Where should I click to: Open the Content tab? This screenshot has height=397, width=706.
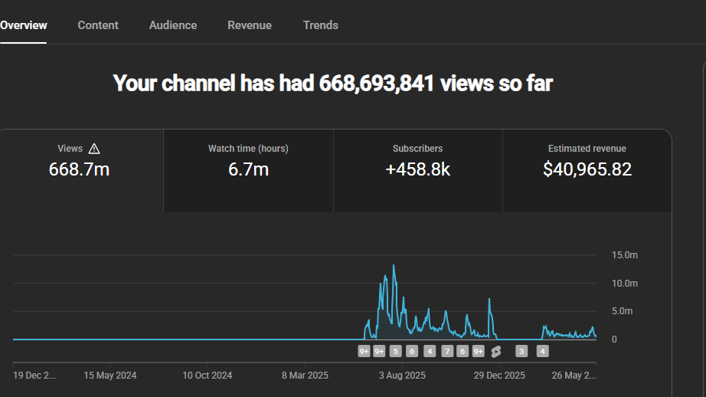pyautogui.click(x=98, y=25)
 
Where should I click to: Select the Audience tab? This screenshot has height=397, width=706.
pyautogui.click(x=173, y=25)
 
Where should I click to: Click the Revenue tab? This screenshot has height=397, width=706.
pyautogui.click(x=250, y=25)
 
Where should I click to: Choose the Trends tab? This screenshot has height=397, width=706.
pyautogui.click(x=321, y=25)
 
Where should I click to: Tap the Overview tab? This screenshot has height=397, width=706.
pyautogui.click(x=24, y=25)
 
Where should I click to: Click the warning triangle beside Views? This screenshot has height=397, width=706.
pyautogui.click(x=94, y=149)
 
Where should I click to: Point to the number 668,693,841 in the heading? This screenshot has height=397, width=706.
pyautogui.click(x=377, y=84)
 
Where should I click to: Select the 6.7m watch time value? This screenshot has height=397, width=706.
pyautogui.click(x=248, y=169)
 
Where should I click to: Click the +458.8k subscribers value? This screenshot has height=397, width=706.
pyautogui.click(x=418, y=169)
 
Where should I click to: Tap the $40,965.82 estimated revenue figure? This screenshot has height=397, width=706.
pyautogui.click(x=587, y=169)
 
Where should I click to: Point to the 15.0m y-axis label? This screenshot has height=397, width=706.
pyautogui.click(x=625, y=255)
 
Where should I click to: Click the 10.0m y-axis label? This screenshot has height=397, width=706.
pyautogui.click(x=625, y=284)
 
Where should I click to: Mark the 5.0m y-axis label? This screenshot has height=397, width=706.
pyautogui.click(x=623, y=311)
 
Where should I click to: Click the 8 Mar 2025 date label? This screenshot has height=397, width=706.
pyautogui.click(x=305, y=376)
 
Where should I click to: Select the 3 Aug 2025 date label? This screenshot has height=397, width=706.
pyautogui.click(x=402, y=376)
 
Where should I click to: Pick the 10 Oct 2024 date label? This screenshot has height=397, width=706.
pyautogui.click(x=207, y=376)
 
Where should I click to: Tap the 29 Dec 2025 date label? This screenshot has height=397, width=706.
pyautogui.click(x=499, y=376)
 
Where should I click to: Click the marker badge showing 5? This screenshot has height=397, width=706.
pyautogui.click(x=395, y=352)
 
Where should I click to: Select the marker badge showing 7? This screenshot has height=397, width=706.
pyautogui.click(x=447, y=352)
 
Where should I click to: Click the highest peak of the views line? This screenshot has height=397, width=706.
pyautogui.click(x=394, y=265)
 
